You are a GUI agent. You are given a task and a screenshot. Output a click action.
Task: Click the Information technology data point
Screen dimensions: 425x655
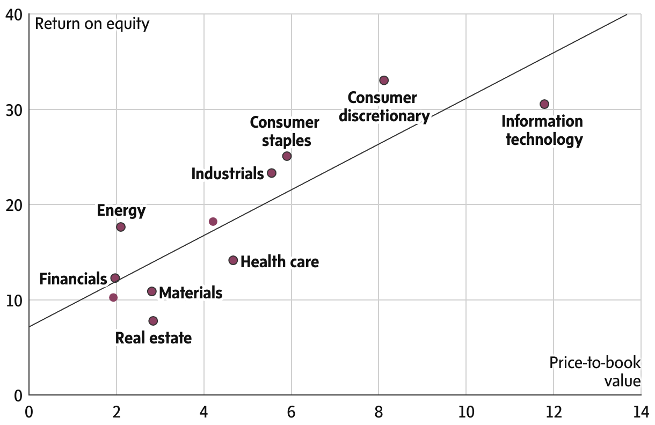(x=544, y=104)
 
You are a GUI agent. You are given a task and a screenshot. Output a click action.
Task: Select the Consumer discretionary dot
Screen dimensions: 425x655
(x=383, y=80)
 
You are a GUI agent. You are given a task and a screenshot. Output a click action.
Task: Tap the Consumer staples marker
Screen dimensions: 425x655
(x=287, y=156)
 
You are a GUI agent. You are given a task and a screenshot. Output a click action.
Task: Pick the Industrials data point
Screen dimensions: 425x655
(x=272, y=173)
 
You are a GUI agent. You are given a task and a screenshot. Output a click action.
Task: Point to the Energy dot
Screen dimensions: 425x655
(x=121, y=227)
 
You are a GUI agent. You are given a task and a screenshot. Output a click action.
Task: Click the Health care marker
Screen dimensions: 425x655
(x=233, y=260)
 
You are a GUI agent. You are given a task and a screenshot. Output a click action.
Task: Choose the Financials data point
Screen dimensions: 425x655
(x=115, y=278)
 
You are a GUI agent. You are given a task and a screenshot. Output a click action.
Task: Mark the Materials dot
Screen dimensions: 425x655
(x=152, y=291)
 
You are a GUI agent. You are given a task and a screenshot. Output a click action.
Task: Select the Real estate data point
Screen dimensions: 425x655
(x=153, y=321)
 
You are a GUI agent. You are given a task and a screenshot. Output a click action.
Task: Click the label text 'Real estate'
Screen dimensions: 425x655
(x=154, y=338)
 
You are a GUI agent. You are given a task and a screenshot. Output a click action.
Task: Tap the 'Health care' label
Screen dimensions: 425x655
(x=280, y=262)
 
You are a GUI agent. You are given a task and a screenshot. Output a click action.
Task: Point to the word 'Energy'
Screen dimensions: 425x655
(x=121, y=210)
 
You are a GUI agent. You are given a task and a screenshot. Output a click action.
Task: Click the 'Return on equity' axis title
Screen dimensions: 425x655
(x=92, y=24)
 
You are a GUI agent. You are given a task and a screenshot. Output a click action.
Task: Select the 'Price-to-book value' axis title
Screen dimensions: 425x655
(x=595, y=371)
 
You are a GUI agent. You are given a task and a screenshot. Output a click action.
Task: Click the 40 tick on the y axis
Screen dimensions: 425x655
(x=14, y=15)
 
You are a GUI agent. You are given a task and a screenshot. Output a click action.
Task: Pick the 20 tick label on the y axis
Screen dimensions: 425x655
(x=14, y=205)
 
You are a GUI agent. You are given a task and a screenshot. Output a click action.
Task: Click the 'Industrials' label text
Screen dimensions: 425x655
(x=227, y=174)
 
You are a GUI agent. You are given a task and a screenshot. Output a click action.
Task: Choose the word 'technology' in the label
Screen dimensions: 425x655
(x=544, y=140)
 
